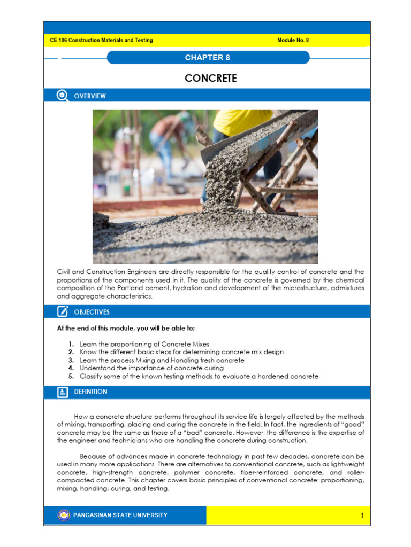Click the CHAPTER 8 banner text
[208, 58]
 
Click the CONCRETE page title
[210, 79]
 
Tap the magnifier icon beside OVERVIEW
[63, 96]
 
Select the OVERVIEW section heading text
[90, 96]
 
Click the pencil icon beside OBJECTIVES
[63, 311]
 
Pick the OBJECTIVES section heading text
[92, 312]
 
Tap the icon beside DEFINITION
[63, 392]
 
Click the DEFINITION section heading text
[90, 392]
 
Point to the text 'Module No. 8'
[293, 41]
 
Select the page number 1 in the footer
[362, 516]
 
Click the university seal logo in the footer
[64, 515]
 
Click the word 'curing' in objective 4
[212, 369]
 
